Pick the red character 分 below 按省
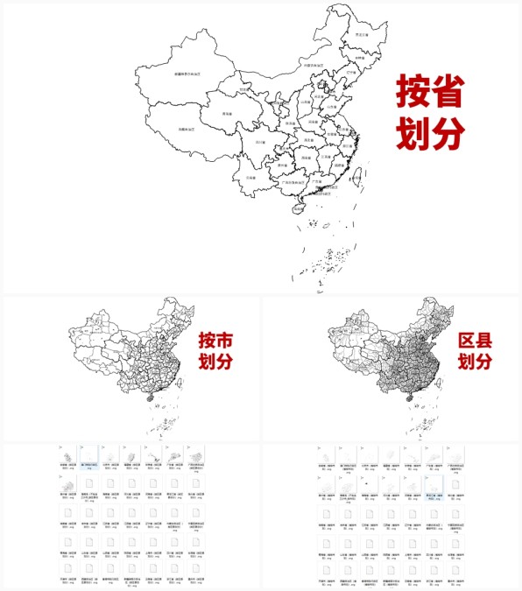tap(448, 133)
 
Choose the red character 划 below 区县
tap(469, 362)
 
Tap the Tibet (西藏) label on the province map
tap(187, 128)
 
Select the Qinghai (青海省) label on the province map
tap(227, 113)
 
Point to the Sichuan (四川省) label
tap(260, 141)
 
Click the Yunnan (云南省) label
tap(251, 177)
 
